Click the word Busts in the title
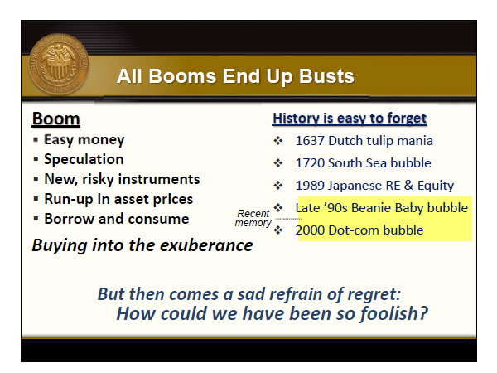click(326, 76)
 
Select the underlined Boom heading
click(55, 119)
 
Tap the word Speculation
click(84, 159)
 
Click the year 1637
click(310, 141)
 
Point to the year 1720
click(310, 163)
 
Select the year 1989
click(310, 186)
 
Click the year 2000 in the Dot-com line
click(310, 230)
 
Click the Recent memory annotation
click(253, 218)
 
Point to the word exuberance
click(206, 245)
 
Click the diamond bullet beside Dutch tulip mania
click(278, 141)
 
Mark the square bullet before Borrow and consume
click(36, 219)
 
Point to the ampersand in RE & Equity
click(409, 185)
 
